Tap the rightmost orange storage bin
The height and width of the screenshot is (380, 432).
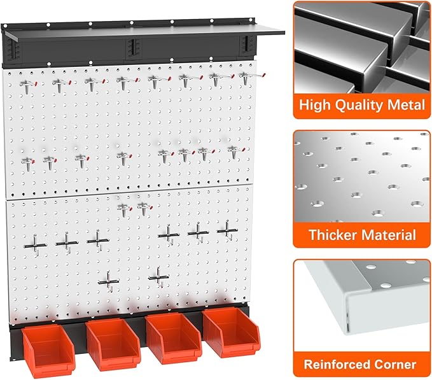coord(228,332)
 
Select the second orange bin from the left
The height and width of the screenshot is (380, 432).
coord(112,342)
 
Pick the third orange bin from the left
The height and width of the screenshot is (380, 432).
coord(172,337)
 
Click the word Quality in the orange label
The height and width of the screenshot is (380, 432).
coord(354,104)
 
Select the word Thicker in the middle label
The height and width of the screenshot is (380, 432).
coord(334,235)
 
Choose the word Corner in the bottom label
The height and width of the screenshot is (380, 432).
coord(396,365)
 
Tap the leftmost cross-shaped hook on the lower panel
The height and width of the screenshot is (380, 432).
coord(36,242)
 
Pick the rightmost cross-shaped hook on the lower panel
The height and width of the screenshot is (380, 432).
coord(226,230)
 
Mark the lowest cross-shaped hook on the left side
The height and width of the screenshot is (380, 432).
coord(110,280)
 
